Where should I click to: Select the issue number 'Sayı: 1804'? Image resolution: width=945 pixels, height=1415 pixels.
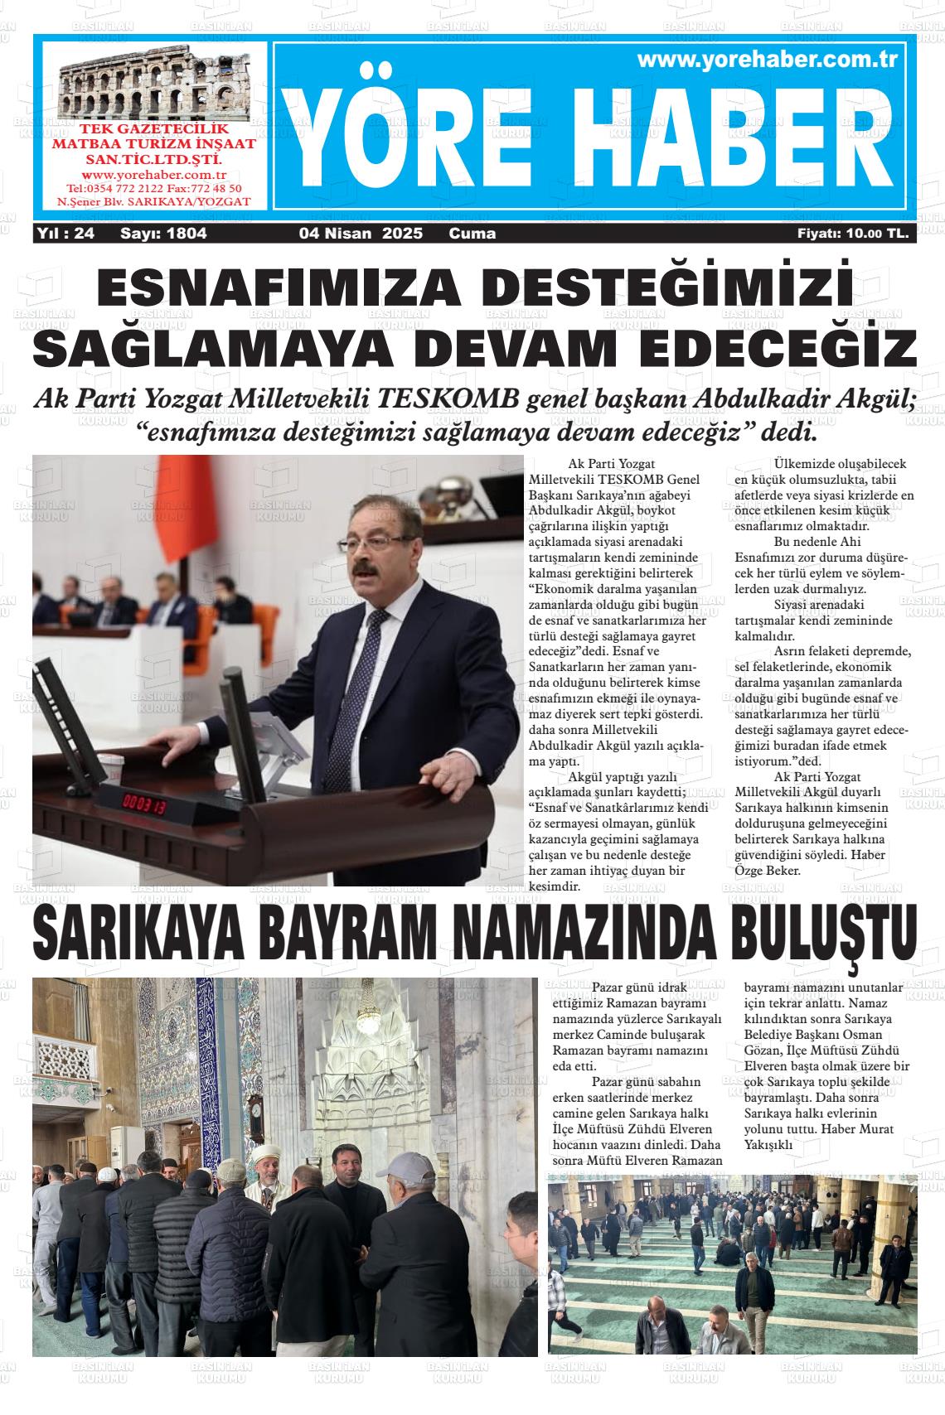point(163,234)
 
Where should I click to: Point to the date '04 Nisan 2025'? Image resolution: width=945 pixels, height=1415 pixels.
point(361,234)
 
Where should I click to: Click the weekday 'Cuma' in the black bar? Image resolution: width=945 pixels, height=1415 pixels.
point(472,234)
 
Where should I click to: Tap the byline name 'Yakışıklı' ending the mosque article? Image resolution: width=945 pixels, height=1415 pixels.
point(769,1145)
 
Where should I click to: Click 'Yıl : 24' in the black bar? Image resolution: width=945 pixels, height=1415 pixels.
point(66,234)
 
